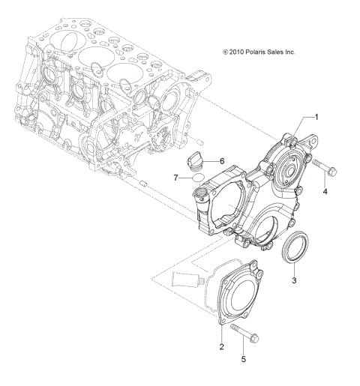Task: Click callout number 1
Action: pos(316,117)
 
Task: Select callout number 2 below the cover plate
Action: pos(222,346)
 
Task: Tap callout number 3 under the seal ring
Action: pos(295,280)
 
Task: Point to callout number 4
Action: pos(325,192)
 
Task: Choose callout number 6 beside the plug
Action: pos(222,160)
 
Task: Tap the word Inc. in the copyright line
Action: pos(308,52)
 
